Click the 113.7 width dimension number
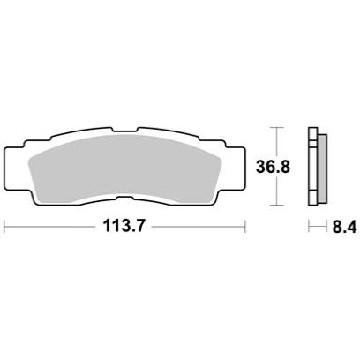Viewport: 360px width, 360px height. [x=124, y=227]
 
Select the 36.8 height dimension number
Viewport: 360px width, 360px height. [x=274, y=167]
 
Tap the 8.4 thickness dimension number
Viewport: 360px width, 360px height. [x=345, y=227]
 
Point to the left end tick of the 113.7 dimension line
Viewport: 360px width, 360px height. [x=4, y=227]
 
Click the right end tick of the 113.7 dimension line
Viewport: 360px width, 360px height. [x=245, y=227]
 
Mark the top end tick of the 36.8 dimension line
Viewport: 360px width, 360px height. [x=276, y=127]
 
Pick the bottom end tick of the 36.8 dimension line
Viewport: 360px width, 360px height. [x=276, y=205]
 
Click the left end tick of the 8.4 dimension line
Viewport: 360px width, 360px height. [x=309, y=227]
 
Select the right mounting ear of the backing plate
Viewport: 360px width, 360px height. [x=236, y=168]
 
